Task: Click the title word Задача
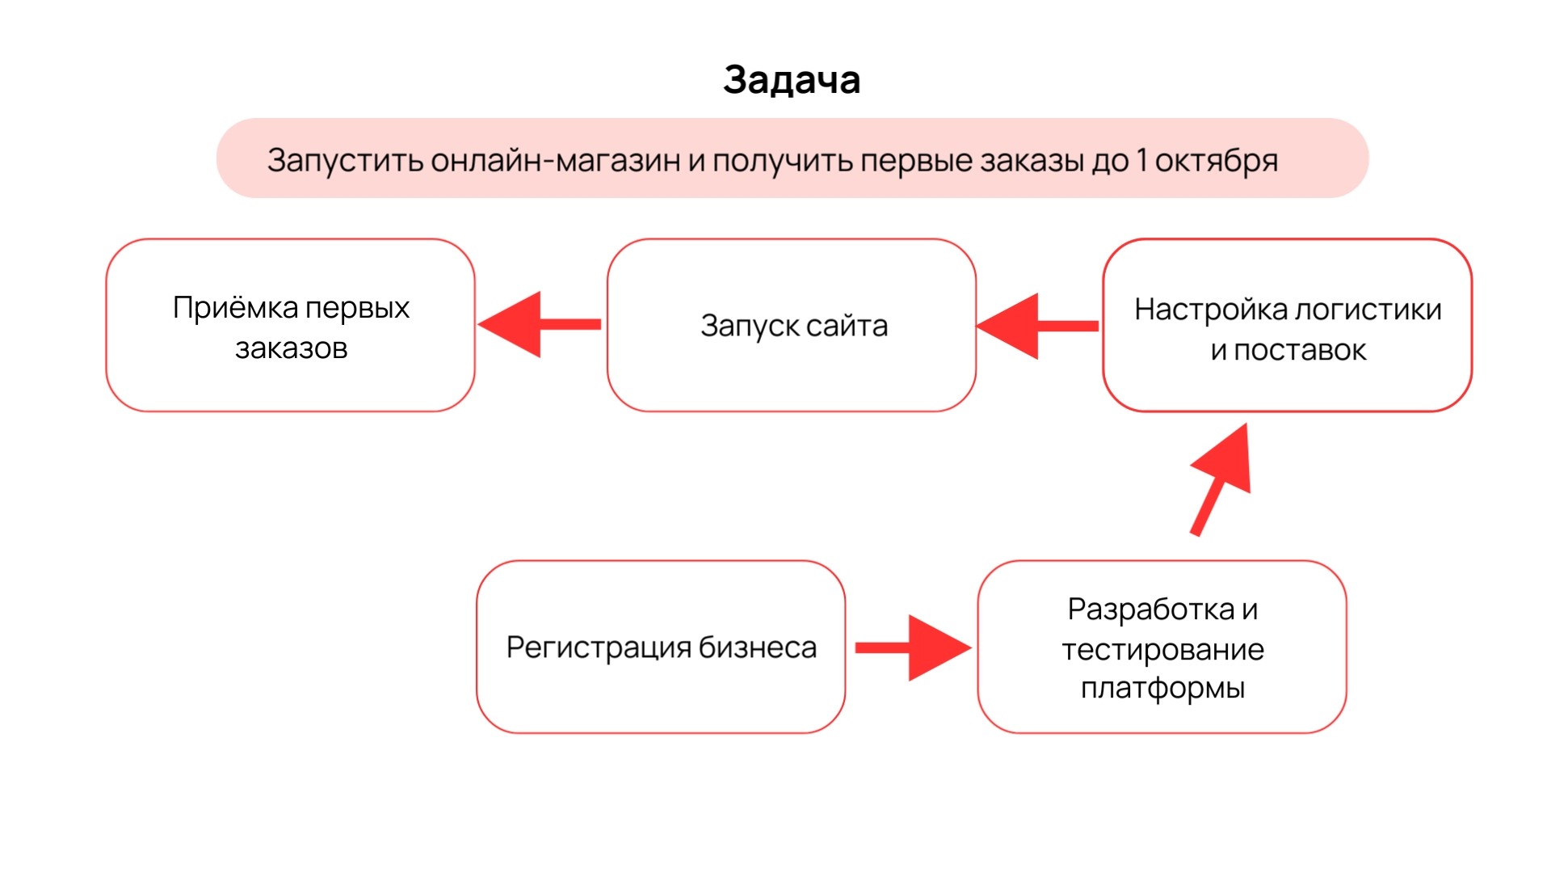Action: [792, 80]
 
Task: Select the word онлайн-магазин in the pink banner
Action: [555, 160]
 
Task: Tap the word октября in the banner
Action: [1216, 161]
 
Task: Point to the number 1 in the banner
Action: [1141, 160]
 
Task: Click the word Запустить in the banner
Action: [345, 161]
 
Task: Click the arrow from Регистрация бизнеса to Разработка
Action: [913, 647]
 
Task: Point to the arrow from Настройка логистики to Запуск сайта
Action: [1037, 326]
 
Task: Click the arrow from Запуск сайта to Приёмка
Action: [539, 324]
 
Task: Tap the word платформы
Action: [1162, 688]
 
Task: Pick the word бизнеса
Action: [757, 647]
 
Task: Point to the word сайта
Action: [846, 326]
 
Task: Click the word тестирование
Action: [1162, 649]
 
